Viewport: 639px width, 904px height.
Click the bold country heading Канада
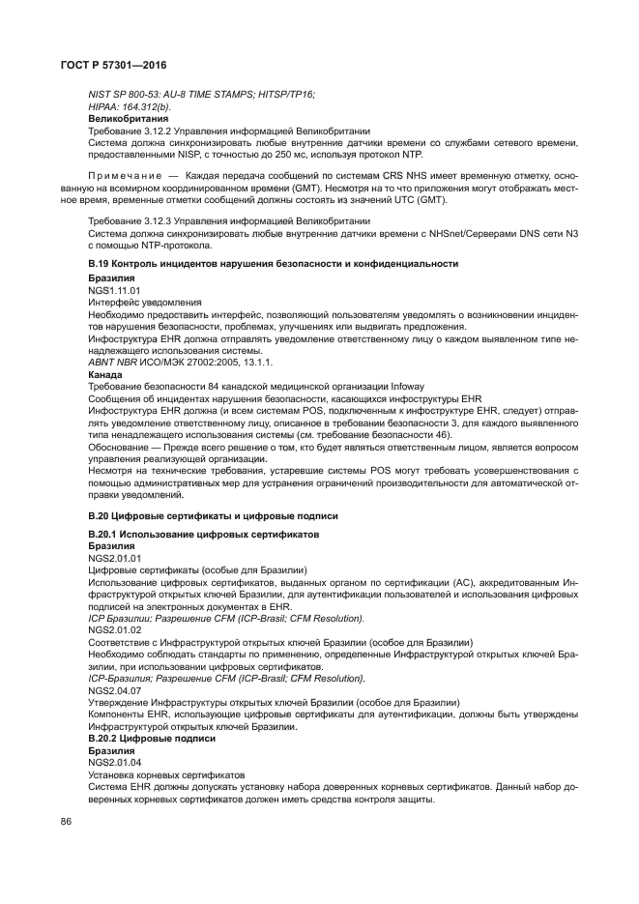click(105, 375)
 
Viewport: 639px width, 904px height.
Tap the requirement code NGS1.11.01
click(114, 289)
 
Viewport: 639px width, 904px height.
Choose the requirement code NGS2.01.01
click(114, 558)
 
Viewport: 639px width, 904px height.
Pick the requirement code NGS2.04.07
click(114, 690)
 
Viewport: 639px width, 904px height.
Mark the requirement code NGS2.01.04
click(114, 762)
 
